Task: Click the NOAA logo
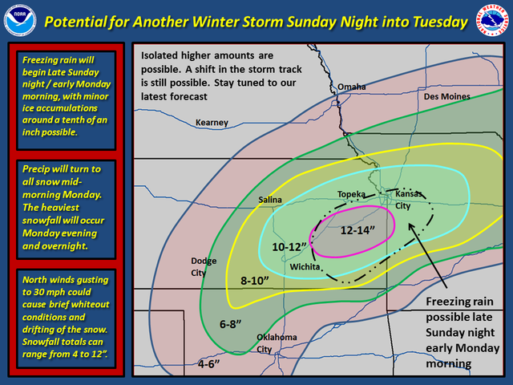[20, 20]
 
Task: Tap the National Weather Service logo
[492, 20]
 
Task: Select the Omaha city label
[352, 87]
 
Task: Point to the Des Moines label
[447, 96]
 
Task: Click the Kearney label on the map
[212, 123]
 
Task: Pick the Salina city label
[270, 200]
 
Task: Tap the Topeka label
[351, 194]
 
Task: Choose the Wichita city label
[305, 267]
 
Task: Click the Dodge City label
[204, 267]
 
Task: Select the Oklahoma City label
[277, 343]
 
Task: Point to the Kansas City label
[409, 200]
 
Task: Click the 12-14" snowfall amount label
[357, 230]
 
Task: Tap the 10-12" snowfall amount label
[289, 247]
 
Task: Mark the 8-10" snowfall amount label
[255, 281]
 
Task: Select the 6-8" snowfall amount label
[230, 324]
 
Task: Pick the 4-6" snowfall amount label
[208, 364]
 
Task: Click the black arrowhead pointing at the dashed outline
[412, 228]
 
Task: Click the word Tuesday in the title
[440, 22]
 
